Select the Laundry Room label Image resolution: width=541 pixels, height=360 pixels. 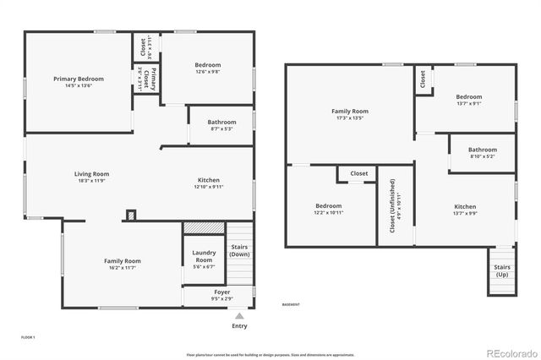(x=204, y=256)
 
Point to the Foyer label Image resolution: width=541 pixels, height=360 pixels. (x=221, y=292)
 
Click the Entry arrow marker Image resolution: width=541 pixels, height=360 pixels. (x=239, y=315)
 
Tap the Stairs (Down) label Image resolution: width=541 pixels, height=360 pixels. (x=239, y=250)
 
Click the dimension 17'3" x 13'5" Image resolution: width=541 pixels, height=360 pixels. (x=349, y=118)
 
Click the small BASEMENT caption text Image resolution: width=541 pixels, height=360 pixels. (x=291, y=304)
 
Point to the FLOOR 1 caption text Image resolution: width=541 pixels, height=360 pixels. (x=29, y=336)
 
